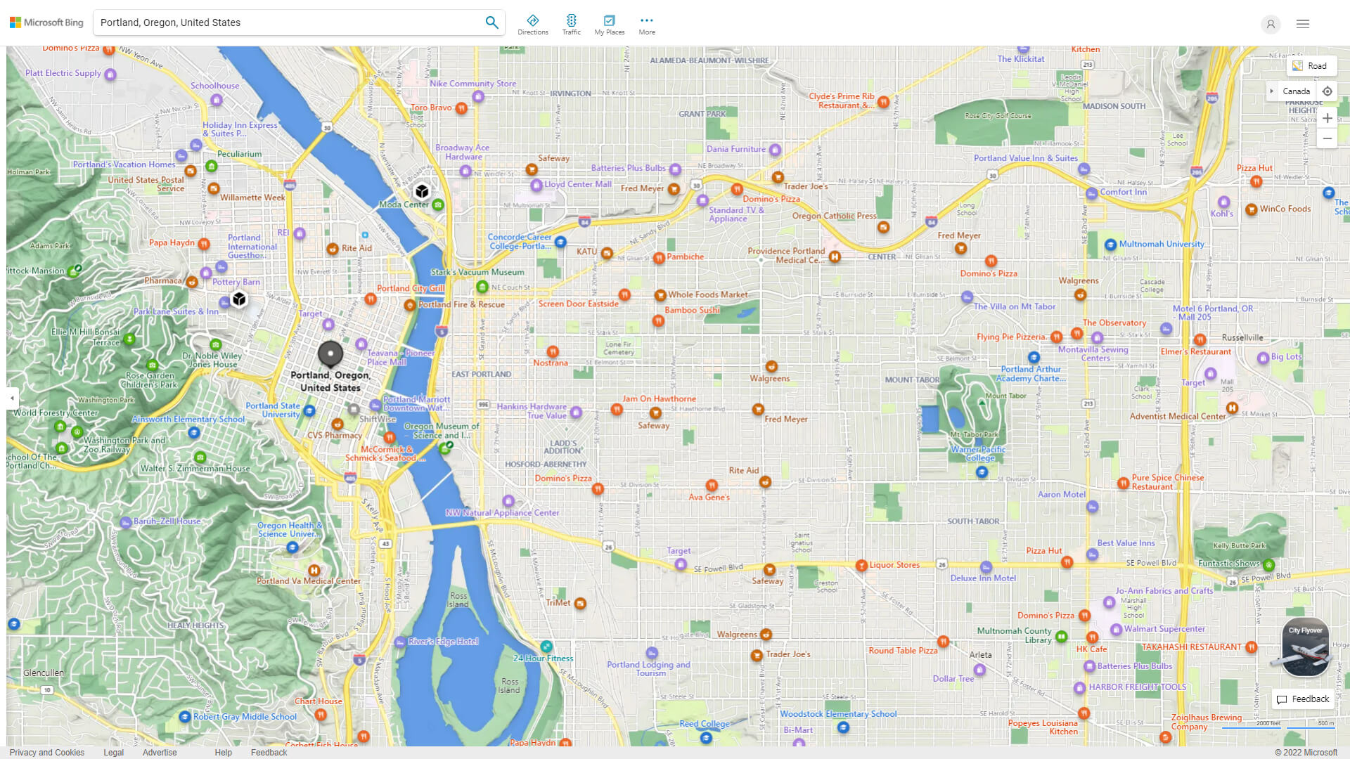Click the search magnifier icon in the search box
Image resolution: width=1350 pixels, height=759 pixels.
click(x=491, y=22)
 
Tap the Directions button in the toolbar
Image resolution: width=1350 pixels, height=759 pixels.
click(x=532, y=24)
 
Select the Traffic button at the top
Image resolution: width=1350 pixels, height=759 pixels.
click(x=571, y=24)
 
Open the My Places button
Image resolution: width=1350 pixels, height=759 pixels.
click(x=609, y=24)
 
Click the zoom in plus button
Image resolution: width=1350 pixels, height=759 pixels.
click(x=1327, y=118)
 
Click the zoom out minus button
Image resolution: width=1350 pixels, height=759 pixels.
click(x=1327, y=138)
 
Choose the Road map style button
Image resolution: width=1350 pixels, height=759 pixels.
click(x=1311, y=66)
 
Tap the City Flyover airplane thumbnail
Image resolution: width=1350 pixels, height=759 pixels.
click(x=1305, y=647)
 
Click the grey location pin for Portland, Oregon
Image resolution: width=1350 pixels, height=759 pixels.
click(x=330, y=353)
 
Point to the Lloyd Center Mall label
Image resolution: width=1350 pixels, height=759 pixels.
click(x=577, y=184)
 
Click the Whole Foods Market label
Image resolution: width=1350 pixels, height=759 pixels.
click(x=708, y=294)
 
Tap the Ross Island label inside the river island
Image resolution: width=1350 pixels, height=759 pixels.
click(x=458, y=599)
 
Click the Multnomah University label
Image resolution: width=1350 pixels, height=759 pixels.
click(x=1161, y=244)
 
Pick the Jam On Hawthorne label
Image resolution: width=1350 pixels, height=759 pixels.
click(x=659, y=398)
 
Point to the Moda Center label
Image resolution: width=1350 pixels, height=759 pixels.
click(x=404, y=205)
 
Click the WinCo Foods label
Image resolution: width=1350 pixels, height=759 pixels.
click(x=1285, y=209)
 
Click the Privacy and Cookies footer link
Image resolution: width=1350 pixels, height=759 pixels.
click(x=47, y=752)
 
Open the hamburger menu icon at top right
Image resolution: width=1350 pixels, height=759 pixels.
click(x=1303, y=24)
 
